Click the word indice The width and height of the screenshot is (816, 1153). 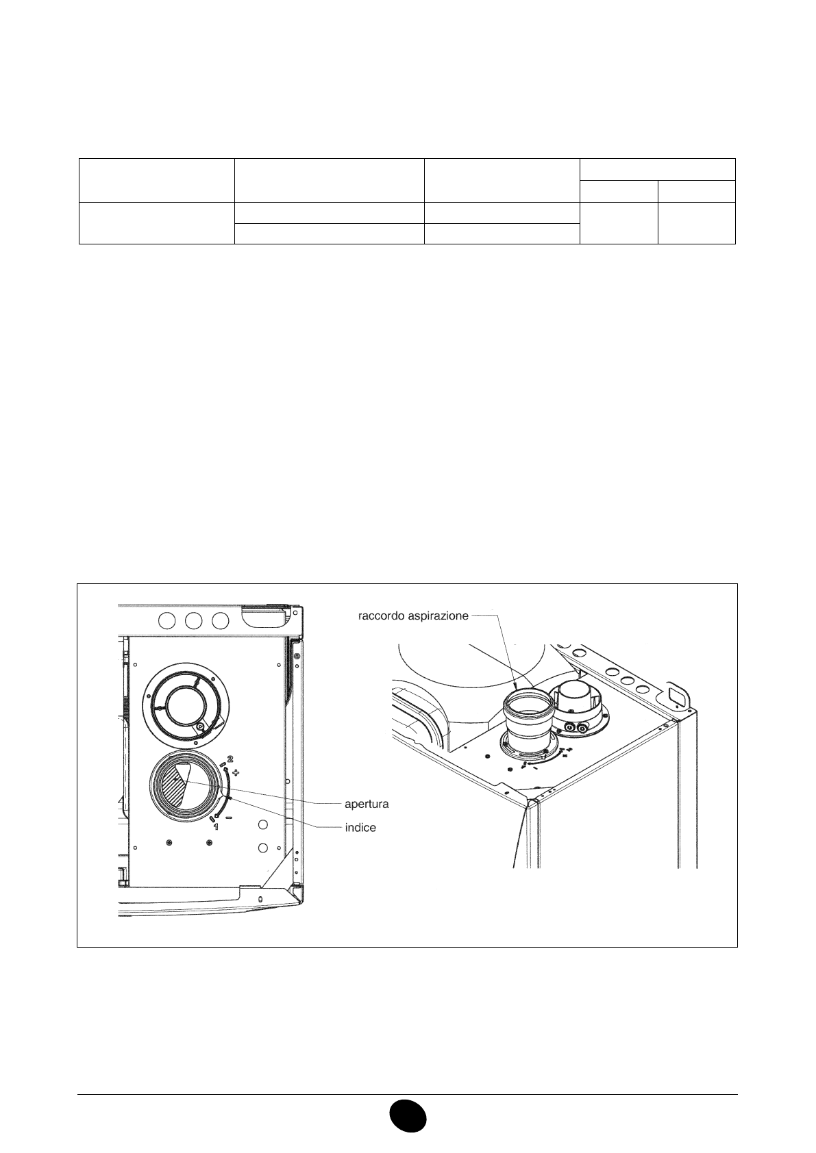[x=360, y=827]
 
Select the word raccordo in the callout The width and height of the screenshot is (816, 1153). [x=380, y=616]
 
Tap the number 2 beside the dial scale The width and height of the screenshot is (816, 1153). [x=230, y=759]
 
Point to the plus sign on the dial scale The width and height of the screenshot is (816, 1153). [x=236, y=772]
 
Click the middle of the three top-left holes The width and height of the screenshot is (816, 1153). [x=193, y=621]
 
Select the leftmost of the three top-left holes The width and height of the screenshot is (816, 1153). [x=166, y=621]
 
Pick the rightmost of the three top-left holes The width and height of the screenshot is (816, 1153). [x=220, y=621]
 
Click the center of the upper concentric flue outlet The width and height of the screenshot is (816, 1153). [x=187, y=705]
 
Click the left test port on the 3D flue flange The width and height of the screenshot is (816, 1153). [x=570, y=727]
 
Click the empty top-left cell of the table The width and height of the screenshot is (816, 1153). [x=156, y=180]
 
